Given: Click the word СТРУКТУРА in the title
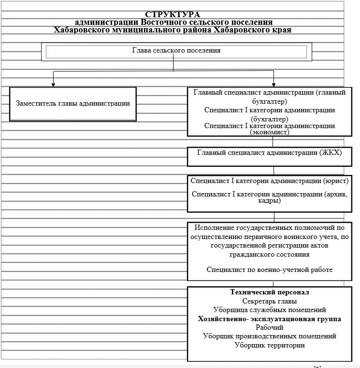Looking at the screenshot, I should [x=173, y=15].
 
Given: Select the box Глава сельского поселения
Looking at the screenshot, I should [x=176, y=51].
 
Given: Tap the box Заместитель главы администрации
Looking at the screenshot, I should [x=73, y=103].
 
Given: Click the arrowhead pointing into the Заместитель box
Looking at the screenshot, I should [x=53, y=85].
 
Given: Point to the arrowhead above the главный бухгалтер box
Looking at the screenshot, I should [x=273, y=85].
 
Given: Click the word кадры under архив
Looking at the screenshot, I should [x=270, y=201].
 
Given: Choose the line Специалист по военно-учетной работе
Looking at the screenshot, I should [x=270, y=270].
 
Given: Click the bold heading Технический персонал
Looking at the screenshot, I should [x=270, y=292].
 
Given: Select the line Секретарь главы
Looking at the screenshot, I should [x=270, y=301].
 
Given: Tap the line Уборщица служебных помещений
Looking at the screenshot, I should [x=270, y=310].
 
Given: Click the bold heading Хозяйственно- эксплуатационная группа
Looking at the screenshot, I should [x=270, y=319].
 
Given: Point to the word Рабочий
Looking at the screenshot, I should [x=270, y=327].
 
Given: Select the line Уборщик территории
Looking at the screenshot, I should [x=270, y=345].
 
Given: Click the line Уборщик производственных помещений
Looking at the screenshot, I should [x=270, y=336].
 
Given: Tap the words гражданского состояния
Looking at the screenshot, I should [x=270, y=255].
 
